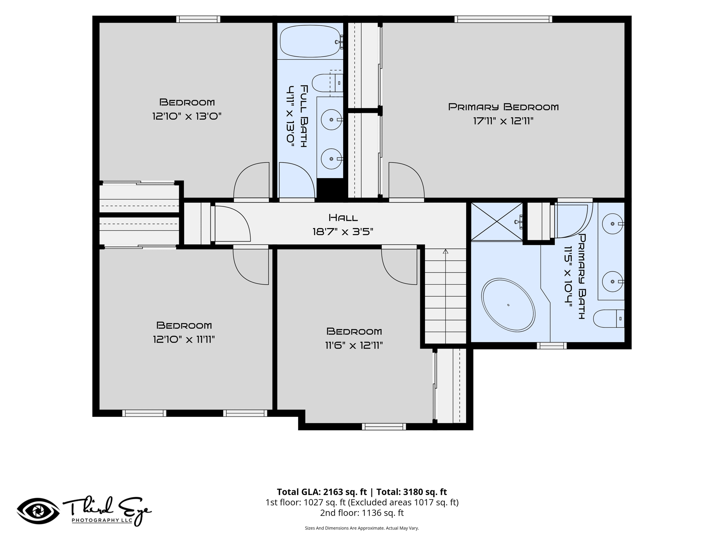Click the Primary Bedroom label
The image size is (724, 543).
coord(503,107)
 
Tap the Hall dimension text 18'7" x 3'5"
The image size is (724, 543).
coord(343,232)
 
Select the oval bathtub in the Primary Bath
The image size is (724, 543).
coord(508,305)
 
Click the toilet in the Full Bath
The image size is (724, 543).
coord(328,83)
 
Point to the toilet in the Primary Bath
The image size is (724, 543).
coord(609,319)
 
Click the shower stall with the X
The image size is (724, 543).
coord(497,222)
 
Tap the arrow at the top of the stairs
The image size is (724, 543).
coord(445,251)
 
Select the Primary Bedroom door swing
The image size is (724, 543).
coord(407,180)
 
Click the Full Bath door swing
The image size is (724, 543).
coord(297,180)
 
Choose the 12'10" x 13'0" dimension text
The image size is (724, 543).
coord(187,116)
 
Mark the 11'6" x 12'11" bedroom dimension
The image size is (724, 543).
coord(354,345)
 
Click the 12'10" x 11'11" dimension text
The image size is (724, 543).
coord(184,340)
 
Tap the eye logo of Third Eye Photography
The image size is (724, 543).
coord(38,511)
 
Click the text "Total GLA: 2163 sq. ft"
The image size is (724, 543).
coord(322,492)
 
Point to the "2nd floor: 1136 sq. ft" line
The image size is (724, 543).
coord(362,513)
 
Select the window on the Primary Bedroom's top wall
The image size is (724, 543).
coord(503,19)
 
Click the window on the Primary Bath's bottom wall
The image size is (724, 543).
coord(552,346)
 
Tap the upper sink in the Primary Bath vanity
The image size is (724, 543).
coord(613,224)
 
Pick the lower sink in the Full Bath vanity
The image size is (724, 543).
coord(331,159)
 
